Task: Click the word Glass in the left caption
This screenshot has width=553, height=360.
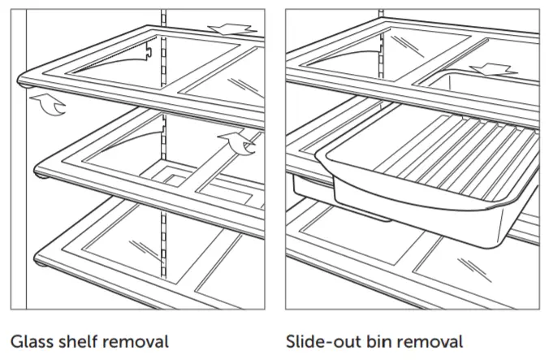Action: point(32,340)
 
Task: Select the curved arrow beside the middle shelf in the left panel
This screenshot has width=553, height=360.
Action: point(240,142)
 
